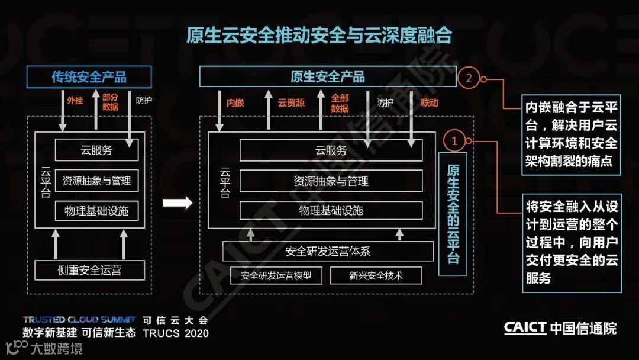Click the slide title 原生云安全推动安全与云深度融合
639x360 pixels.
(x=319, y=36)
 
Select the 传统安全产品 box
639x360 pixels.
(x=89, y=77)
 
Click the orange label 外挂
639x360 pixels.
(x=75, y=101)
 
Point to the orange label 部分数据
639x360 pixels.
(x=110, y=102)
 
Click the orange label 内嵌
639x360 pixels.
(x=235, y=103)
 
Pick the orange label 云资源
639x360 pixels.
(x=291, y=103)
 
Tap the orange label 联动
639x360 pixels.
(x=430, y=103)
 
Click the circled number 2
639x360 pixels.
(x=469, y=78)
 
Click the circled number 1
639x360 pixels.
(x=454, y=141)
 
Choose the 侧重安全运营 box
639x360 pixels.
(x=89, y=271)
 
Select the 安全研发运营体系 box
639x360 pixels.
(x=328, y=251)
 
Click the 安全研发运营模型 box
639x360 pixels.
(x=276, y=276)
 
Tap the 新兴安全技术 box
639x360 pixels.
(x=376, y=276)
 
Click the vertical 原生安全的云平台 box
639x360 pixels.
(x=453, y=213)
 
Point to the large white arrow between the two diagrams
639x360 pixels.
(x=177, y=203)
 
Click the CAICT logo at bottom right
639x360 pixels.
(x=525, y=328)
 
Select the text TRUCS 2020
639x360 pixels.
(x=176, y=333)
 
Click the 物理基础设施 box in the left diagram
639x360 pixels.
(x=96, y=211)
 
